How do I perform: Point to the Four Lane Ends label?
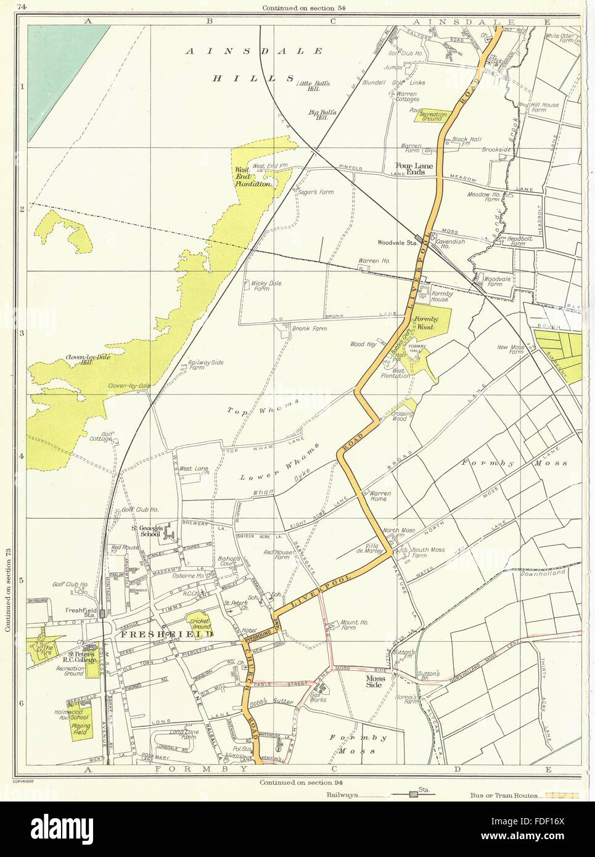click(414, 168)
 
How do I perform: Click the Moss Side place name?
click(375, 681)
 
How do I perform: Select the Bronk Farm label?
click(309, 329)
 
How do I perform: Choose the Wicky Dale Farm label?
click(266, 285)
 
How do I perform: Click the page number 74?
click(22, 7)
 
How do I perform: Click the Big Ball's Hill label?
click(324, 115)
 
